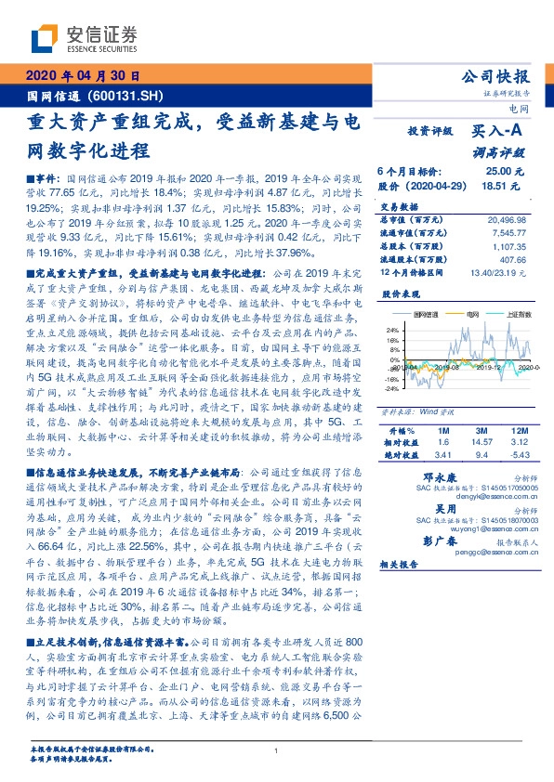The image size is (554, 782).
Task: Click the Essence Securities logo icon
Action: coord(46,38)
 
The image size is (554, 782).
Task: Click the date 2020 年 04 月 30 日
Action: coord(83,77)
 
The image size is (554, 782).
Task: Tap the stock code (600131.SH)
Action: coord(129,96)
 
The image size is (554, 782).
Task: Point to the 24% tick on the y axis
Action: coord(392,330)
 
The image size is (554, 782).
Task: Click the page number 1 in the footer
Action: coord(277,751)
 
